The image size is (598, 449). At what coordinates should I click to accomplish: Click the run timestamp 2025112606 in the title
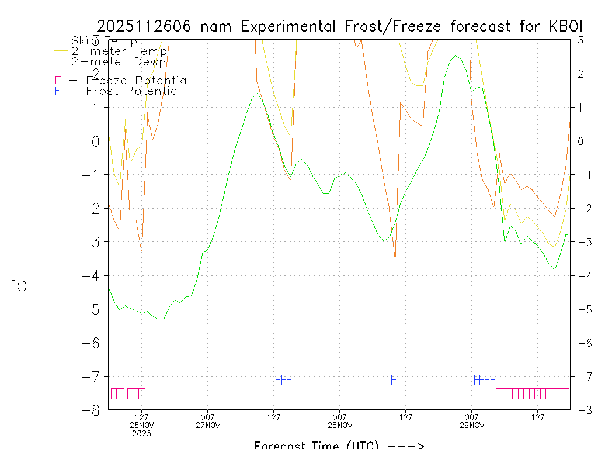click(147, 26)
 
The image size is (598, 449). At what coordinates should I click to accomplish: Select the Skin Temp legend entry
click(104, 41)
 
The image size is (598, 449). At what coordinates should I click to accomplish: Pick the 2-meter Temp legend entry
click(119, 51)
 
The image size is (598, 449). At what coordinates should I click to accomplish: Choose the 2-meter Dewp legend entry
click(119, 61)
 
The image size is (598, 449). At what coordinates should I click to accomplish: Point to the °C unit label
click(19, 285)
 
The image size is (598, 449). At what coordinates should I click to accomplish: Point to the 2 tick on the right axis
click(581, 74)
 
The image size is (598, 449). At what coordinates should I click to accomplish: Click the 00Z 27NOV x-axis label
click(208, 420)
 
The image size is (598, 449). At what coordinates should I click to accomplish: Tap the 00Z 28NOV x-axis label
click(340, 420)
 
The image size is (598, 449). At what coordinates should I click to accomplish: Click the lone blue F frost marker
click(394, 380)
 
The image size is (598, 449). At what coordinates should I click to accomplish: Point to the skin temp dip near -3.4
click(395, 256)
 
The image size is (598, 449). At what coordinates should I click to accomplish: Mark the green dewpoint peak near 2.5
click(456, 56)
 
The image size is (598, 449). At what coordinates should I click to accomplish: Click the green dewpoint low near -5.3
click(161, 319)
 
